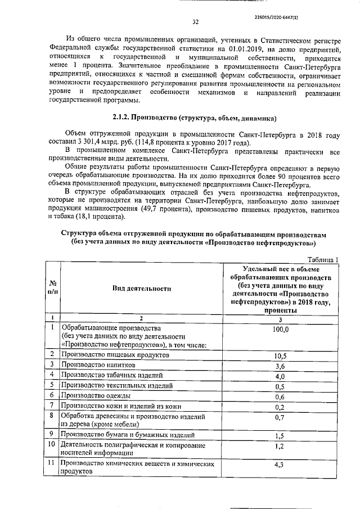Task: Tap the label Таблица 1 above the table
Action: coord(322,259)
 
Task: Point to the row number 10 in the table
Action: coord(52,445)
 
